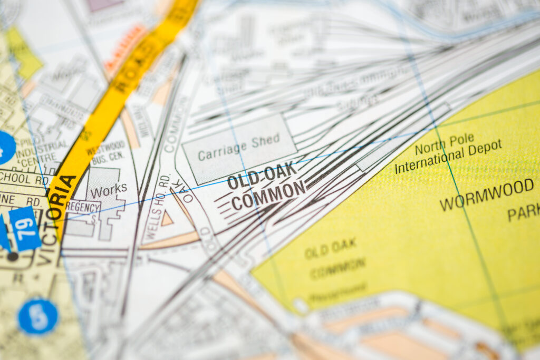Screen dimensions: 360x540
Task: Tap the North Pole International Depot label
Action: [x=448, y=153]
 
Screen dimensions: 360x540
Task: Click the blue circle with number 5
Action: [x=37, y=316]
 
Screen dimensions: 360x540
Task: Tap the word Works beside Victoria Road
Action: [x=108, y=190]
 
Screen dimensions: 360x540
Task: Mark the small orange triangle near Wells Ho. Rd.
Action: [x=167, y=219]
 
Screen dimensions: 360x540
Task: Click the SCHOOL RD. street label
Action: [x=24, y=177]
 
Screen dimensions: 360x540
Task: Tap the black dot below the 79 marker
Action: [x=12, y=257]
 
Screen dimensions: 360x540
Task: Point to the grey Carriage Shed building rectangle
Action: [x=239, y=149]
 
